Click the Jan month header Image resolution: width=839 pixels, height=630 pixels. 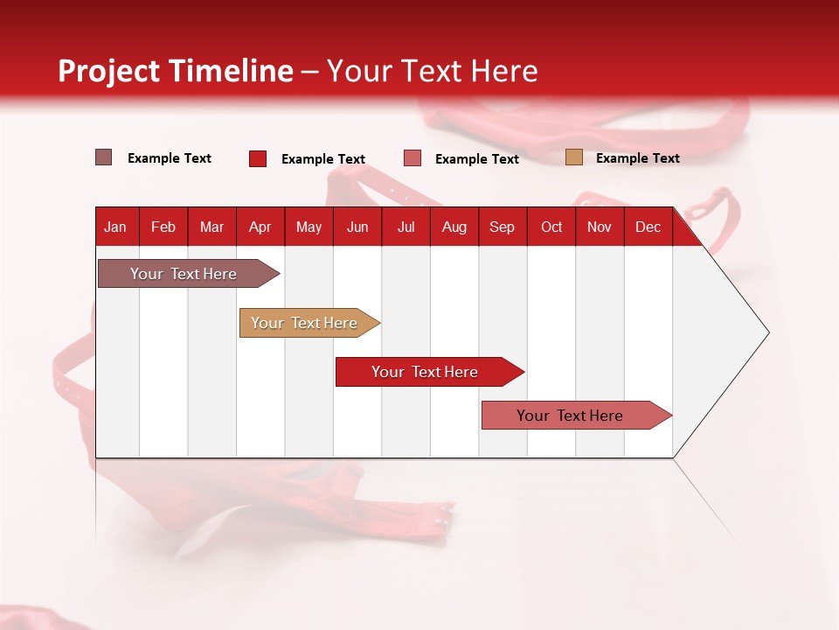point(115,227)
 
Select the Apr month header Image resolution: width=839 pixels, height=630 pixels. point(260,227)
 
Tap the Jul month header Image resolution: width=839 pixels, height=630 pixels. point(406,227)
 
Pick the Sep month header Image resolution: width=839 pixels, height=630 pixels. point(502,227)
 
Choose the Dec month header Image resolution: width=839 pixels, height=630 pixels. point(648,227)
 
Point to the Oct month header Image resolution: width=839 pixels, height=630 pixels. point(551,227)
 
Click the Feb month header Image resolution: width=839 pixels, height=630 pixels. point(163,227)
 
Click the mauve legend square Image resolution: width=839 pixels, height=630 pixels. point(104,157)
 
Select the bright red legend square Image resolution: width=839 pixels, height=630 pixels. point(258,158)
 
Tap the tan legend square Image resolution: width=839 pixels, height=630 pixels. point(574,157)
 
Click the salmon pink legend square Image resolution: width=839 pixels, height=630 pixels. point(413,158)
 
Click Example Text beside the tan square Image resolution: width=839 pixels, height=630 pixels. point(637,158)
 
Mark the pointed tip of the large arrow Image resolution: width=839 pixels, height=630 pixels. point(767,332)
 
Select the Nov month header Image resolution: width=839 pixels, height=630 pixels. point(600,227)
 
